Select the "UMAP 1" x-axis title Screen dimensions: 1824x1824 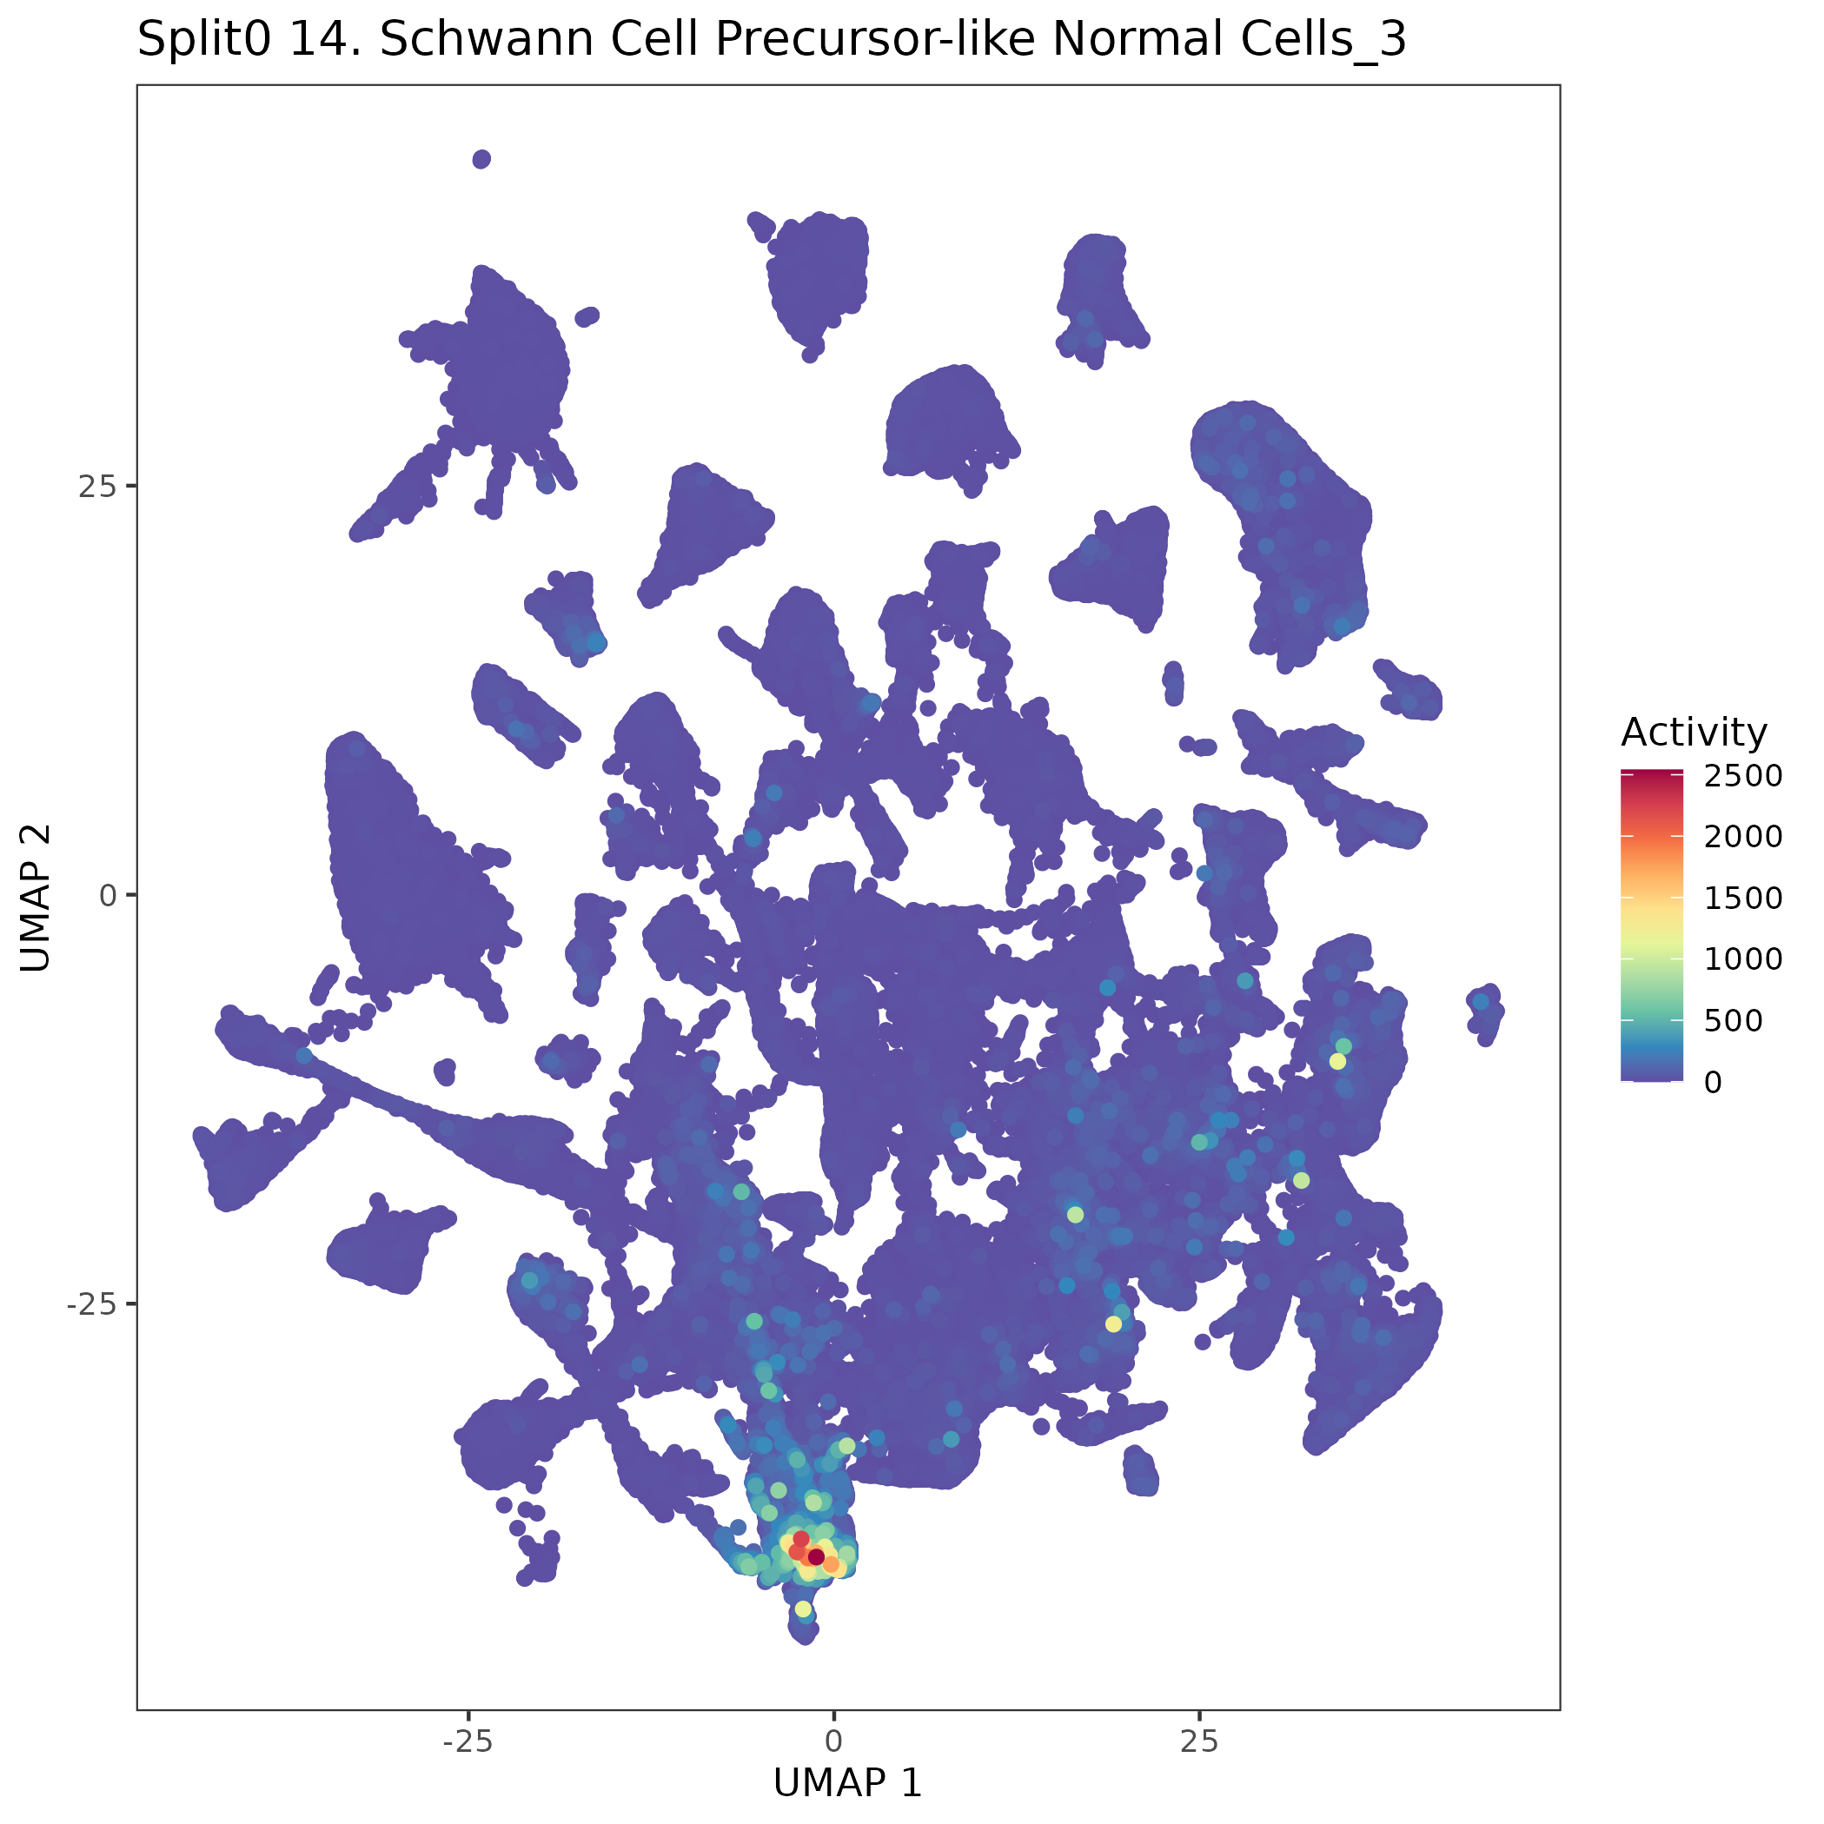pyautogui.click(x=847, y=1782)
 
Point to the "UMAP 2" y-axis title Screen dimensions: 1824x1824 pyautogui.click(x=36, y=897)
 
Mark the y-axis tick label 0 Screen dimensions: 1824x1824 pyautogui.click(x=107, y=895)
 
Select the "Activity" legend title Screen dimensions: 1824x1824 pyautogui.click(x=1694, y=733)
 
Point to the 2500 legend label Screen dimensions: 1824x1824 pyautogui.click(x=1743, y=776)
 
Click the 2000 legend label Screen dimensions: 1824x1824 pyautogui.click(x=1743, y=837)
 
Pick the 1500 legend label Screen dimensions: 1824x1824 pyautogui.click(x=1743, y=898)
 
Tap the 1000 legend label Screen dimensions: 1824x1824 pyautogui.click(x=1743, y=959)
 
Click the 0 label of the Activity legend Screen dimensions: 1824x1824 pyautogui.click(x=1713, y=1082)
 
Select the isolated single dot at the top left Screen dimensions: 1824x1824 pyautogui.click(x=481, y=159)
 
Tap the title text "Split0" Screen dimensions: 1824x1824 pyautogui.click(x=206, y=40)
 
